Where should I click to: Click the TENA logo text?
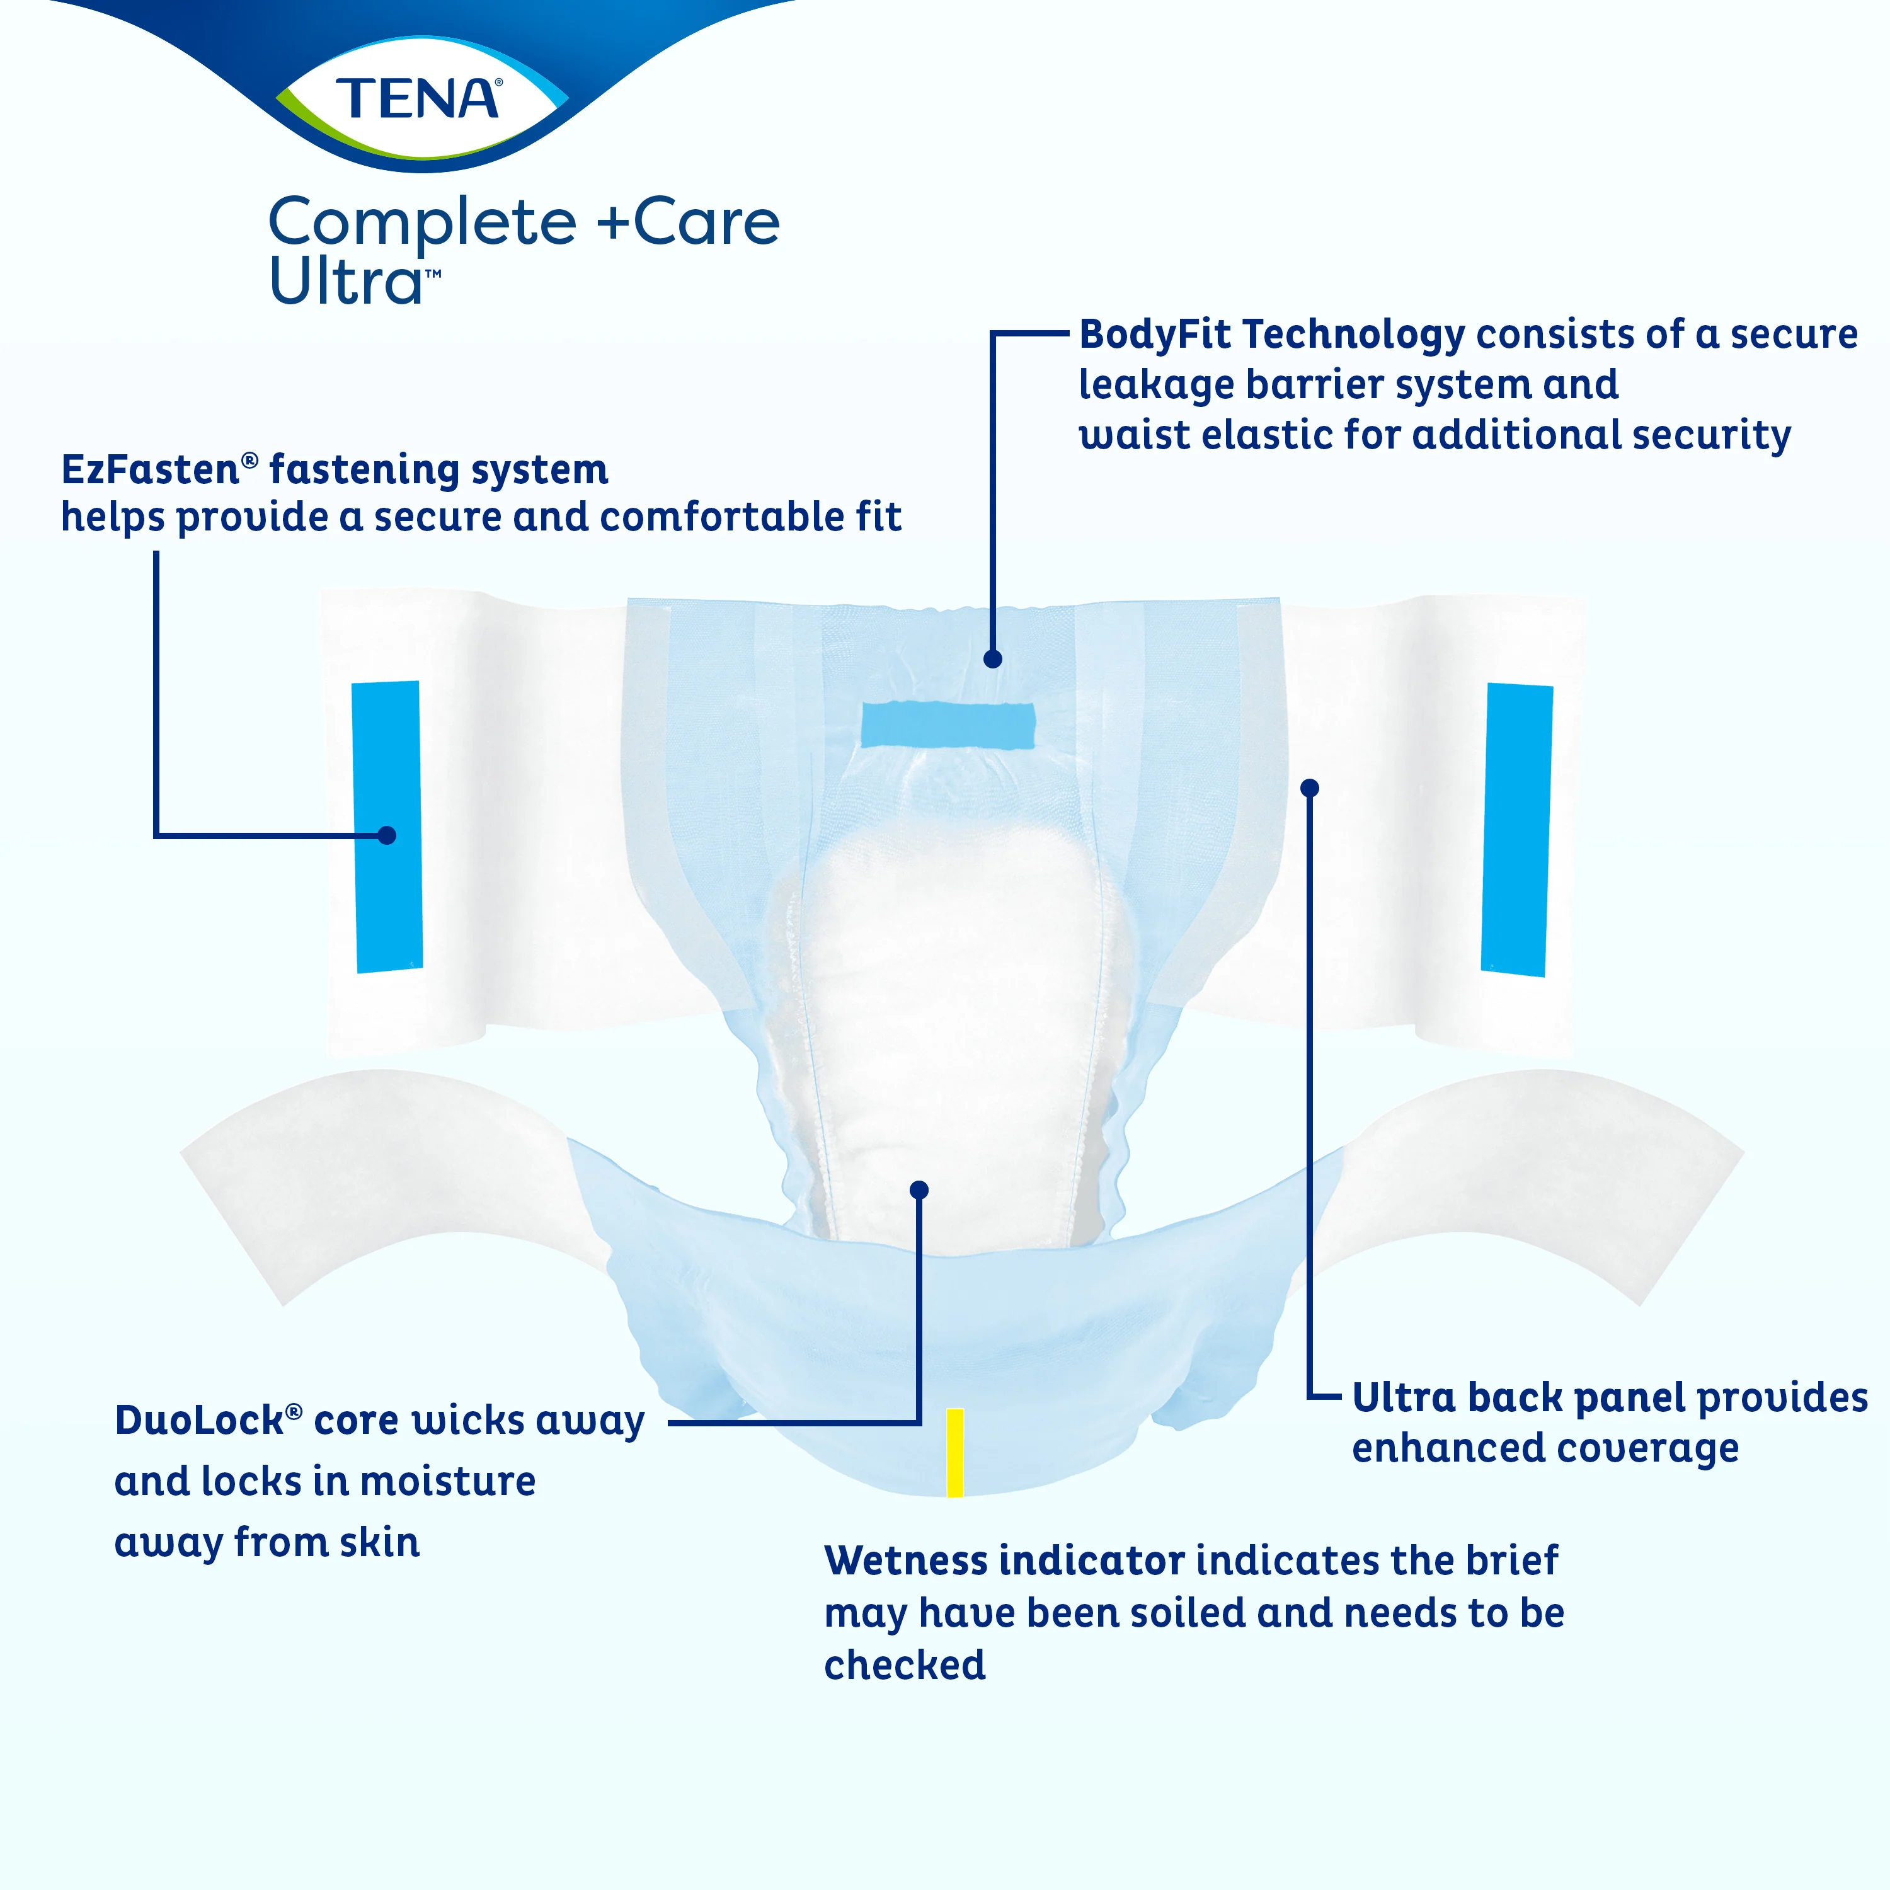[418, 99]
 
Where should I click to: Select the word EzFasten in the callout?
[151, 469]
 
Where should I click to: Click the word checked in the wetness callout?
[905, 1665]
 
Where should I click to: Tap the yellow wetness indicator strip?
[955, 1453]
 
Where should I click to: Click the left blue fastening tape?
[387, 827]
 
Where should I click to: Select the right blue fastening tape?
[1517, 830]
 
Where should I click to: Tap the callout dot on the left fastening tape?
[386, 835]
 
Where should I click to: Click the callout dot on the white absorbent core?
[919, 1189]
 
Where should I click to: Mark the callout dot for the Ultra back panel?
[1310, 787]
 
